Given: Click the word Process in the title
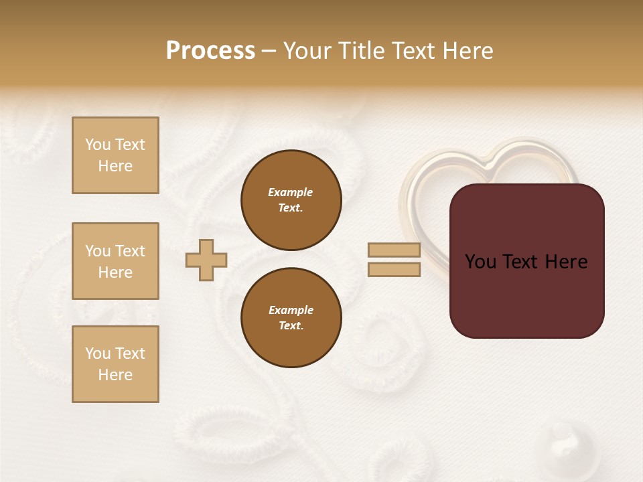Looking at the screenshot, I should point(210,51).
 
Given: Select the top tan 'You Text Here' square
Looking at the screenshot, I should point(115,155).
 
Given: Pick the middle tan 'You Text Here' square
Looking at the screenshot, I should point(115,261).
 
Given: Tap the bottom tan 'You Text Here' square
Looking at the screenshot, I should point(115,364).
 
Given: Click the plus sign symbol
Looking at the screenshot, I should point(206,260).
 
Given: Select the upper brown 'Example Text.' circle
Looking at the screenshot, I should point(291,200).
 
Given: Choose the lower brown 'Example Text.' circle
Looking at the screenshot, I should point(291,318).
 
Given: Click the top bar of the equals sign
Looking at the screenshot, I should point(394,250).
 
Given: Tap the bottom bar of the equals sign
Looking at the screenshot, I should point(394,270).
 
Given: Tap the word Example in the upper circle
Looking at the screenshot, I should point(291,192).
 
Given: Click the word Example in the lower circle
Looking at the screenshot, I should point(291,310).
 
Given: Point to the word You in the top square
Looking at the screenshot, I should point(98,145).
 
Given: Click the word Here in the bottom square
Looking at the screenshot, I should point(115,375).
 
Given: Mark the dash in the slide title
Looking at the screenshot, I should point(269,52).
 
